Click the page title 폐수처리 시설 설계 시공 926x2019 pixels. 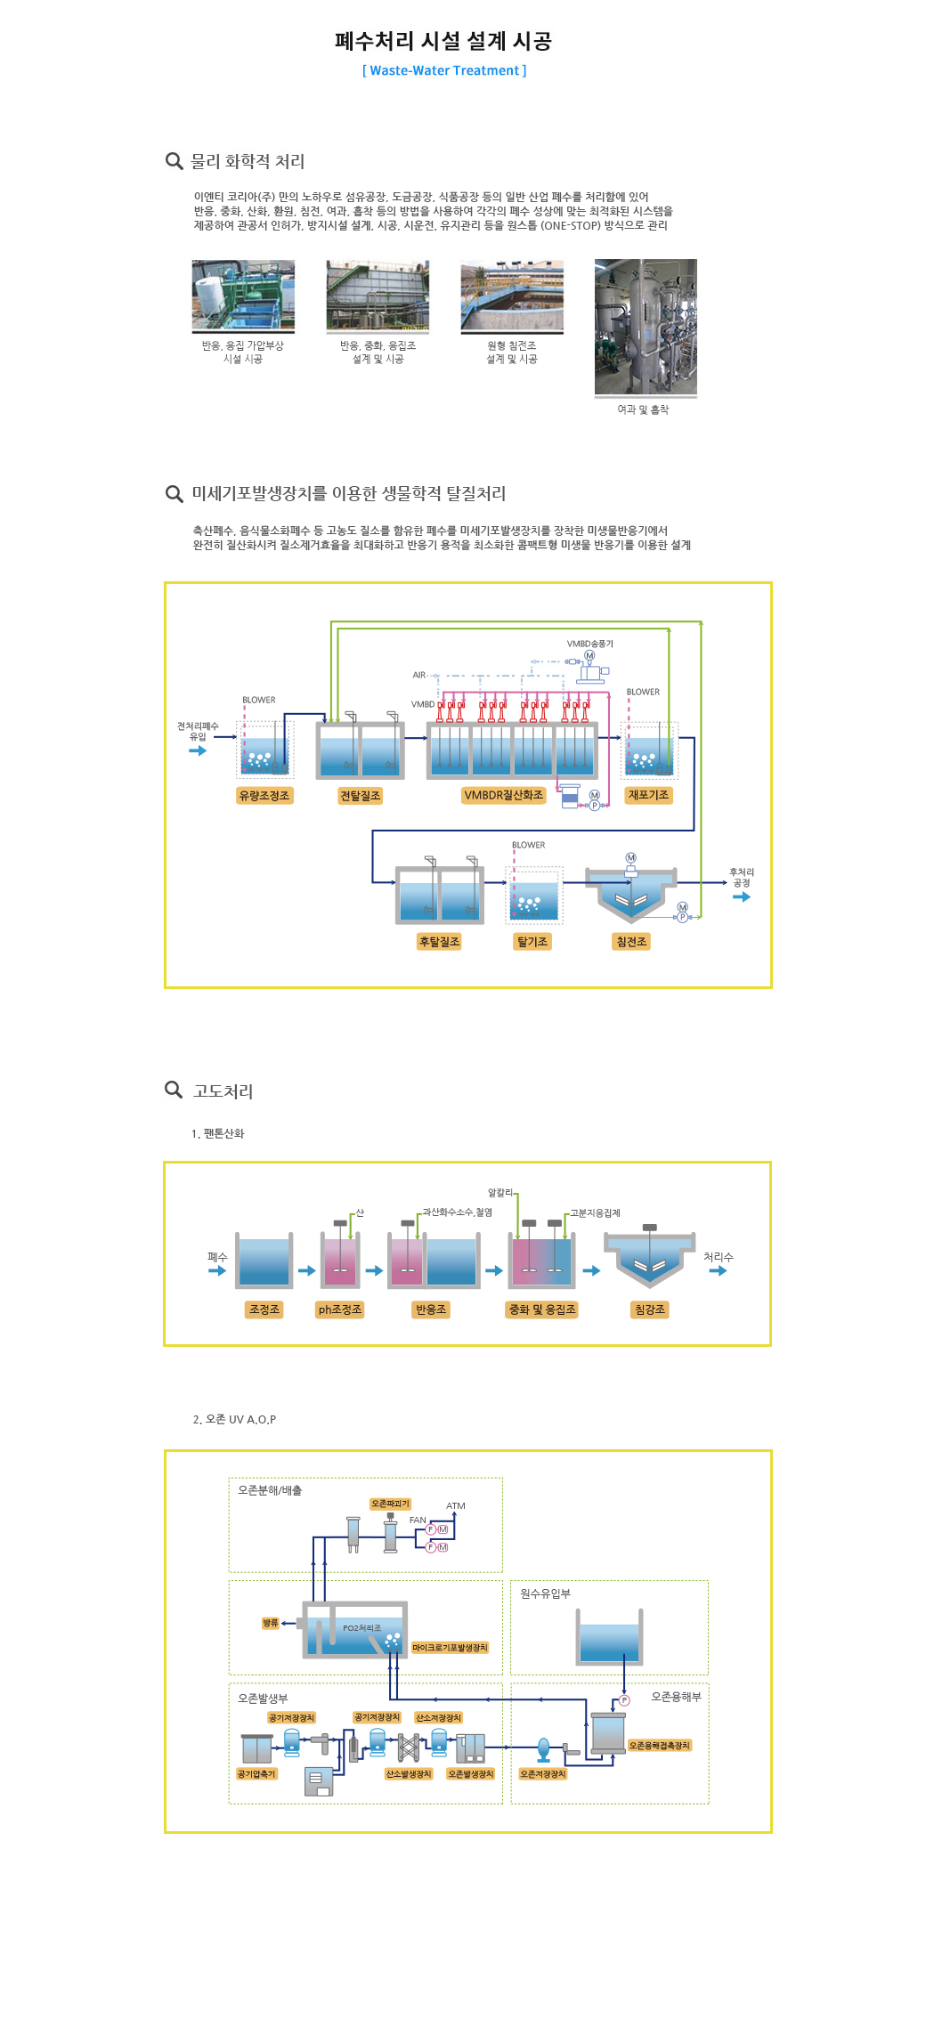tap(443, 41)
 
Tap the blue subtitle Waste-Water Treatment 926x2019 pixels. tap(444, 70)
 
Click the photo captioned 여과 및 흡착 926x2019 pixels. tap(646, 327)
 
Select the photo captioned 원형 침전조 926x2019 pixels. tap(512, 296)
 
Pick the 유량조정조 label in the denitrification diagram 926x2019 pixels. tap(264, 796)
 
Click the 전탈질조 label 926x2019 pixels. tap(360, 796)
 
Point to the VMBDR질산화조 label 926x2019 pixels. tap(503, 795)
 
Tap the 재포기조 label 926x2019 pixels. tap(648, 795)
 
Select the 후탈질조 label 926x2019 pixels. tap(439, 942)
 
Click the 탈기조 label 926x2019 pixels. tap(532, 942)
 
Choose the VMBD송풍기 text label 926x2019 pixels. tap(589, 644)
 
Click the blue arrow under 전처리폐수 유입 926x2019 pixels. tap(198, 750)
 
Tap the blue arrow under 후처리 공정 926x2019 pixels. tap(741, 897)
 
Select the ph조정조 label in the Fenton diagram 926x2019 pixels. tap(340, 1310)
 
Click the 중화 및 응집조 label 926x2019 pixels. tap(542, 1310)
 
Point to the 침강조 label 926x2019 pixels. tap(650, 1310)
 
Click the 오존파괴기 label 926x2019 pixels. tap(391, 1504)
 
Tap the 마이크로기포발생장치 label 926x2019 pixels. tap(450, 1648)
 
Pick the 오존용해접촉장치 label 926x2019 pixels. tap(660, 1746)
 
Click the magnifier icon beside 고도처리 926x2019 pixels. tap(174, 1090)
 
